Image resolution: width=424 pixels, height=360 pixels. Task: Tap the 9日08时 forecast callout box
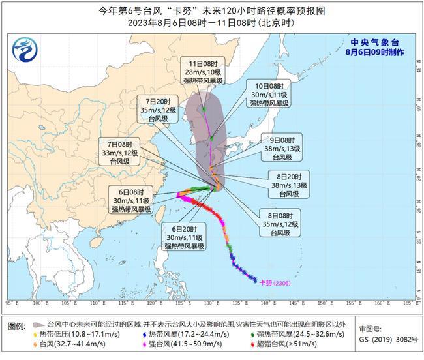pyautogui.click(x=282, y=149)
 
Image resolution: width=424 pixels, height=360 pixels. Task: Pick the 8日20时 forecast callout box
pyautogui.click(x=283, y=185)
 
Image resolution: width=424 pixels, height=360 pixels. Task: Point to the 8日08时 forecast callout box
pyautogui.click(x=282, y=224)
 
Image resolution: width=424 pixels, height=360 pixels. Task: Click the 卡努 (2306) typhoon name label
pyautogui.click(x=273, y=282)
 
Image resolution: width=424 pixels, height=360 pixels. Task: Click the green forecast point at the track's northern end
pyautogui.click(x=204, y=109)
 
